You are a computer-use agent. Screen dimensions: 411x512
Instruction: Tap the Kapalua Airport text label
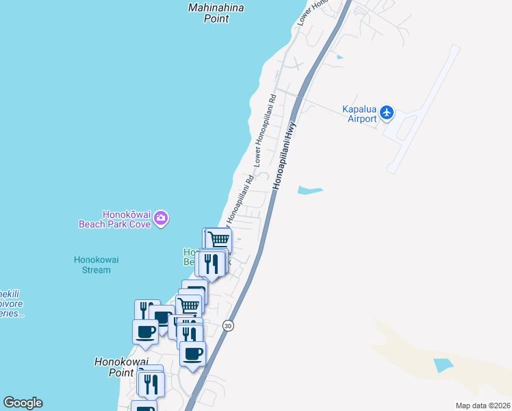click(x=359, y=114)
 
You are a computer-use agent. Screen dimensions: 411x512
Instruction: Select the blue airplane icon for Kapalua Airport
click(x=388, y=112)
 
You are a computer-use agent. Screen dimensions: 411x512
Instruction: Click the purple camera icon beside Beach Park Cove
click(x=162, y=219)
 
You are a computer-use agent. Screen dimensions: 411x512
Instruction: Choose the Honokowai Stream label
click(x=92, y=264)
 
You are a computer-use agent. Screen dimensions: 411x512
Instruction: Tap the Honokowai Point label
click(x=114, y=367)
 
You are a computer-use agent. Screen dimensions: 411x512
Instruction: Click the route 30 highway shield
click(x=228, y=326)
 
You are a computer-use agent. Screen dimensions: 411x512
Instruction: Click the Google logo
click(x=23, y=403)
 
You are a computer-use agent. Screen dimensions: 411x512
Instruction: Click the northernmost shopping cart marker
click(x=218, y=240)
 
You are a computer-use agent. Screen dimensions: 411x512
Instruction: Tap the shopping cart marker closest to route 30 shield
click(x=189, y=306)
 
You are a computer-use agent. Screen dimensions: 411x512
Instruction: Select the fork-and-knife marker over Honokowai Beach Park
click(x=212, y=264)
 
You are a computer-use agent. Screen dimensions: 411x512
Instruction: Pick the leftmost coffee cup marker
click(x=145, y=332)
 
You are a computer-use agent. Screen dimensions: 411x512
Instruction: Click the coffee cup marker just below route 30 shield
click(x=192, y=354)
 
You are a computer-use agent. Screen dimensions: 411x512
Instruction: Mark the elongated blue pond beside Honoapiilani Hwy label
click(x=309, y=190)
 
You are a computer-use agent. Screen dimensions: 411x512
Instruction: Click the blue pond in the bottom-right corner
click(x=444, y=364)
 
